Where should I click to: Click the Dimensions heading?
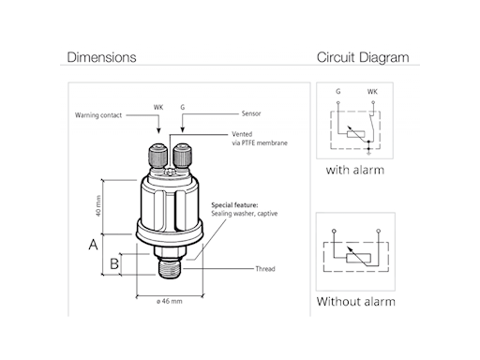pos(101,57)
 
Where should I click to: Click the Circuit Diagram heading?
pos(363,57)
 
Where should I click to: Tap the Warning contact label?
pos(98,115)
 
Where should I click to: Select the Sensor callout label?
pos(251,113)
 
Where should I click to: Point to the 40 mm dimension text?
pos(98,206)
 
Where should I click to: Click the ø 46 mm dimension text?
pos(170,301)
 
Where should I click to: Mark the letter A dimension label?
pos(93,245)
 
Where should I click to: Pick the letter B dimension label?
pos(114,263)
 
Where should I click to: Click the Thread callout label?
pos(265,269)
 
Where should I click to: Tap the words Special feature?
pos(234,205)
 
